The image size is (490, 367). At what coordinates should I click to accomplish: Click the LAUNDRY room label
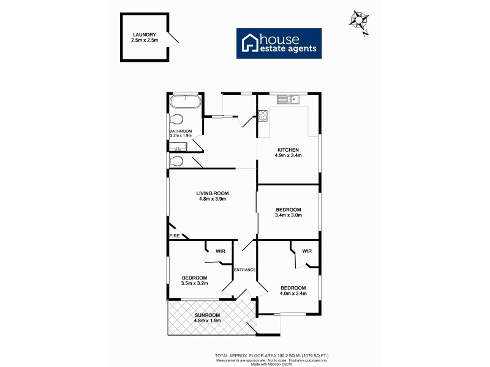pyautogui.click(x=144, y=35)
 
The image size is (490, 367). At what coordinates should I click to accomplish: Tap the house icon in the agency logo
pyautogui.click(x=249, y=43)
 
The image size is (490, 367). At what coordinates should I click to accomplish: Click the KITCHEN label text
pyautogui.click(x=288, y=150)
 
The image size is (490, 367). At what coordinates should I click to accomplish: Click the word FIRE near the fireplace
pyautogui.click(x=175, y=235)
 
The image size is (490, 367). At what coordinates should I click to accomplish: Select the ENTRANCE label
pyautogui.click(x=244, y=270)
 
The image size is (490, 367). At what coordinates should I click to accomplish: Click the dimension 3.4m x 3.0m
pyautogui.click(x=288, y=216)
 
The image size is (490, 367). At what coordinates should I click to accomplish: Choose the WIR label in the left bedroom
pyautogui.click(x=219, y=251)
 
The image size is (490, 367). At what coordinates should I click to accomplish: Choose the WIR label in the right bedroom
pyautogui.click(x=307, y=251)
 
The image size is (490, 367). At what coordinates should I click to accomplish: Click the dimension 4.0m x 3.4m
pyautogui.click(x=293, y=294)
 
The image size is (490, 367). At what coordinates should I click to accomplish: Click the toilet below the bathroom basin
pyautogui.click(x=177, y=161)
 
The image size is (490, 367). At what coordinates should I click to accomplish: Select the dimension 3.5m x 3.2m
pyautogui.click(x=195, y=284)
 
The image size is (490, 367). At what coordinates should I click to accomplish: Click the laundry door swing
pyautogui.click(x=173, y=41)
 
